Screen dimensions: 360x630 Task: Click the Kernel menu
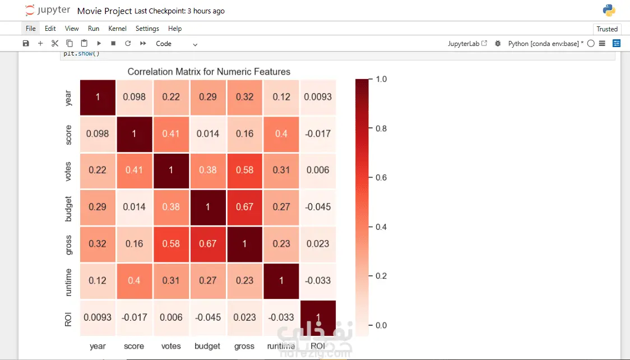point(117,29)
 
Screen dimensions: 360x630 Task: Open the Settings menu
point(147,29)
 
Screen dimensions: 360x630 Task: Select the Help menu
point(175,29)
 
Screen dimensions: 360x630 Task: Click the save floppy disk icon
point(26,44)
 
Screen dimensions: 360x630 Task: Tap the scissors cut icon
point(55,44)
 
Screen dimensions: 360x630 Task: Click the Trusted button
point(607,29)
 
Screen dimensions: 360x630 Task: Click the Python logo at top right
point(609,10)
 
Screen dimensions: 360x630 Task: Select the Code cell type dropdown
point(177,44)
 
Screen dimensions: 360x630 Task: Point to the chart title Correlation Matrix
point(209,72)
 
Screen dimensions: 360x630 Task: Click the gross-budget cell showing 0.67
point(208,244)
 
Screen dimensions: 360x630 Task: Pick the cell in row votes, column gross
point(244,170)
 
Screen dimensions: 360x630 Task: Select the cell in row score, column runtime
point(281,134)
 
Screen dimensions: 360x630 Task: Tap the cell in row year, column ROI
point(318,97)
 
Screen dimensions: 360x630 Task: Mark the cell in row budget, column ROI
point(318,207)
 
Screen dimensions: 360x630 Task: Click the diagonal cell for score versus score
point(135,134)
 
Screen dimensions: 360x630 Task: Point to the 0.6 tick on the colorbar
point(381,178)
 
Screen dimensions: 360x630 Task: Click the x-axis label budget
point(207,347)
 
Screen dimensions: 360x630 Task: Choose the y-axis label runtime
point(68,280)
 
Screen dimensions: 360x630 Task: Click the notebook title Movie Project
point(105,11)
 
